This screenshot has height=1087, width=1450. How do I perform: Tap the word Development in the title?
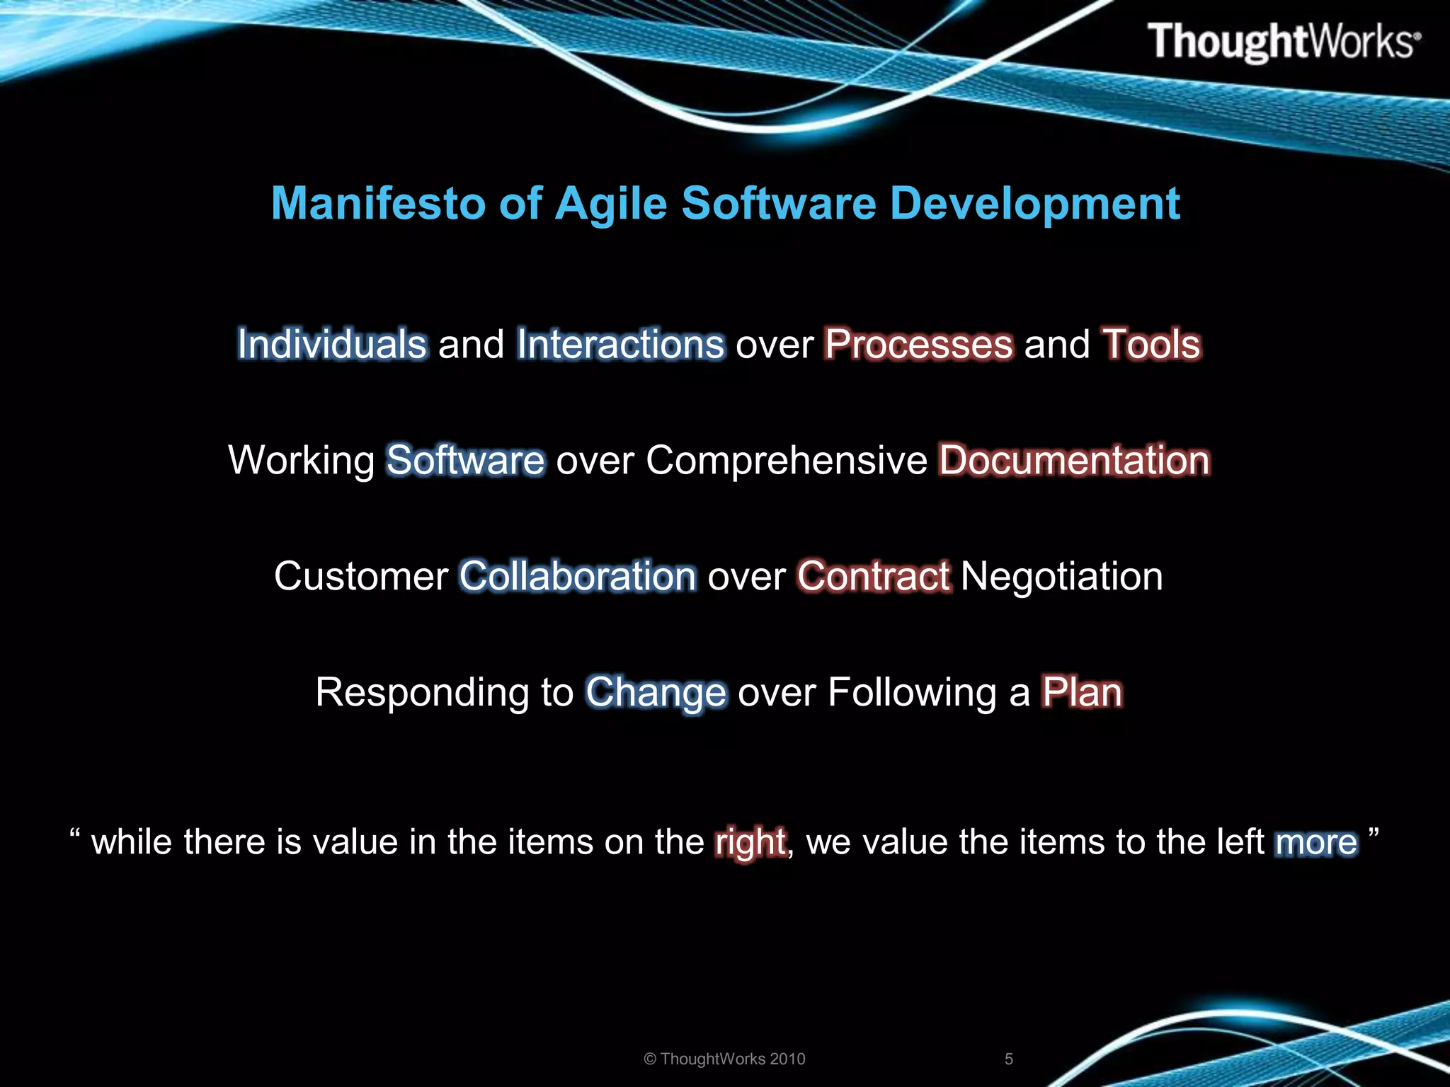1034,204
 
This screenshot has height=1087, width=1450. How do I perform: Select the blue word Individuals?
332,345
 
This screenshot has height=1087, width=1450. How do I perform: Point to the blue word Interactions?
620,345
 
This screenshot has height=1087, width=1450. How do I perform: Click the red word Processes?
918,345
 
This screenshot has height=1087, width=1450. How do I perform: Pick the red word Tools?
1151,345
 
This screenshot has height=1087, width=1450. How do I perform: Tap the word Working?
302,461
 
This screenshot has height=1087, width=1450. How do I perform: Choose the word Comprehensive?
786,461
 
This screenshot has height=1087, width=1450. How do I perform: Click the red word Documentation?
1074,461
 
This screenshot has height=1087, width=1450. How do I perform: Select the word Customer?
361,576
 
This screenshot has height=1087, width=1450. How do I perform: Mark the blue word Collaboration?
578,576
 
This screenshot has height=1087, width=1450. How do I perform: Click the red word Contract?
874,576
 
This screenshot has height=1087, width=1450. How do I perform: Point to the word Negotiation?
1061,576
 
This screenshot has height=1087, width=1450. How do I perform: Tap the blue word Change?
656,693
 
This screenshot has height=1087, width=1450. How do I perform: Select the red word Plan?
1081,692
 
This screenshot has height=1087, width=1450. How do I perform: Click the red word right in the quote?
750,843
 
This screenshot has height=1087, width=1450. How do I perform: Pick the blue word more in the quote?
1316,843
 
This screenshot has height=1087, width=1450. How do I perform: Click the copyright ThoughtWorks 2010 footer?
724,1059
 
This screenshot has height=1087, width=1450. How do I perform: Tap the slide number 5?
1009,1059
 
